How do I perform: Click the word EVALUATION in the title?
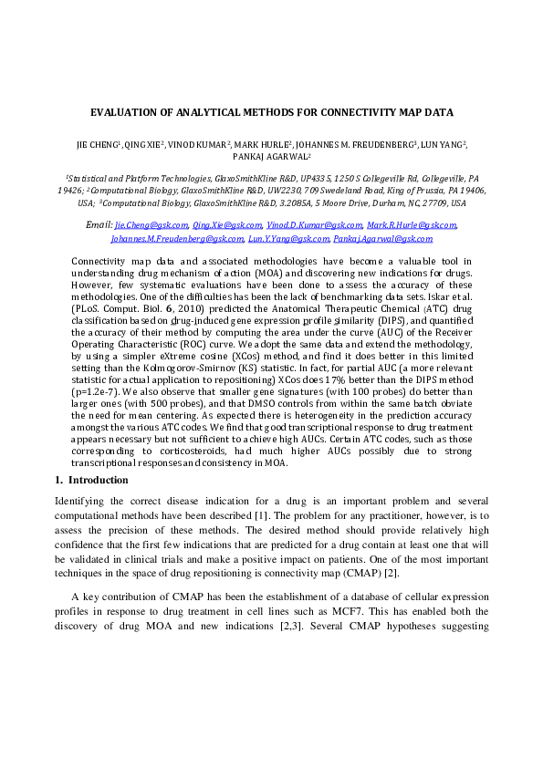coord(126,113)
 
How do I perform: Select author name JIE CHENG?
coord(97,144)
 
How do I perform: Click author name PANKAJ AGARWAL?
coord(271,157)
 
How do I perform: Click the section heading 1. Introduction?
coord(91,480)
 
